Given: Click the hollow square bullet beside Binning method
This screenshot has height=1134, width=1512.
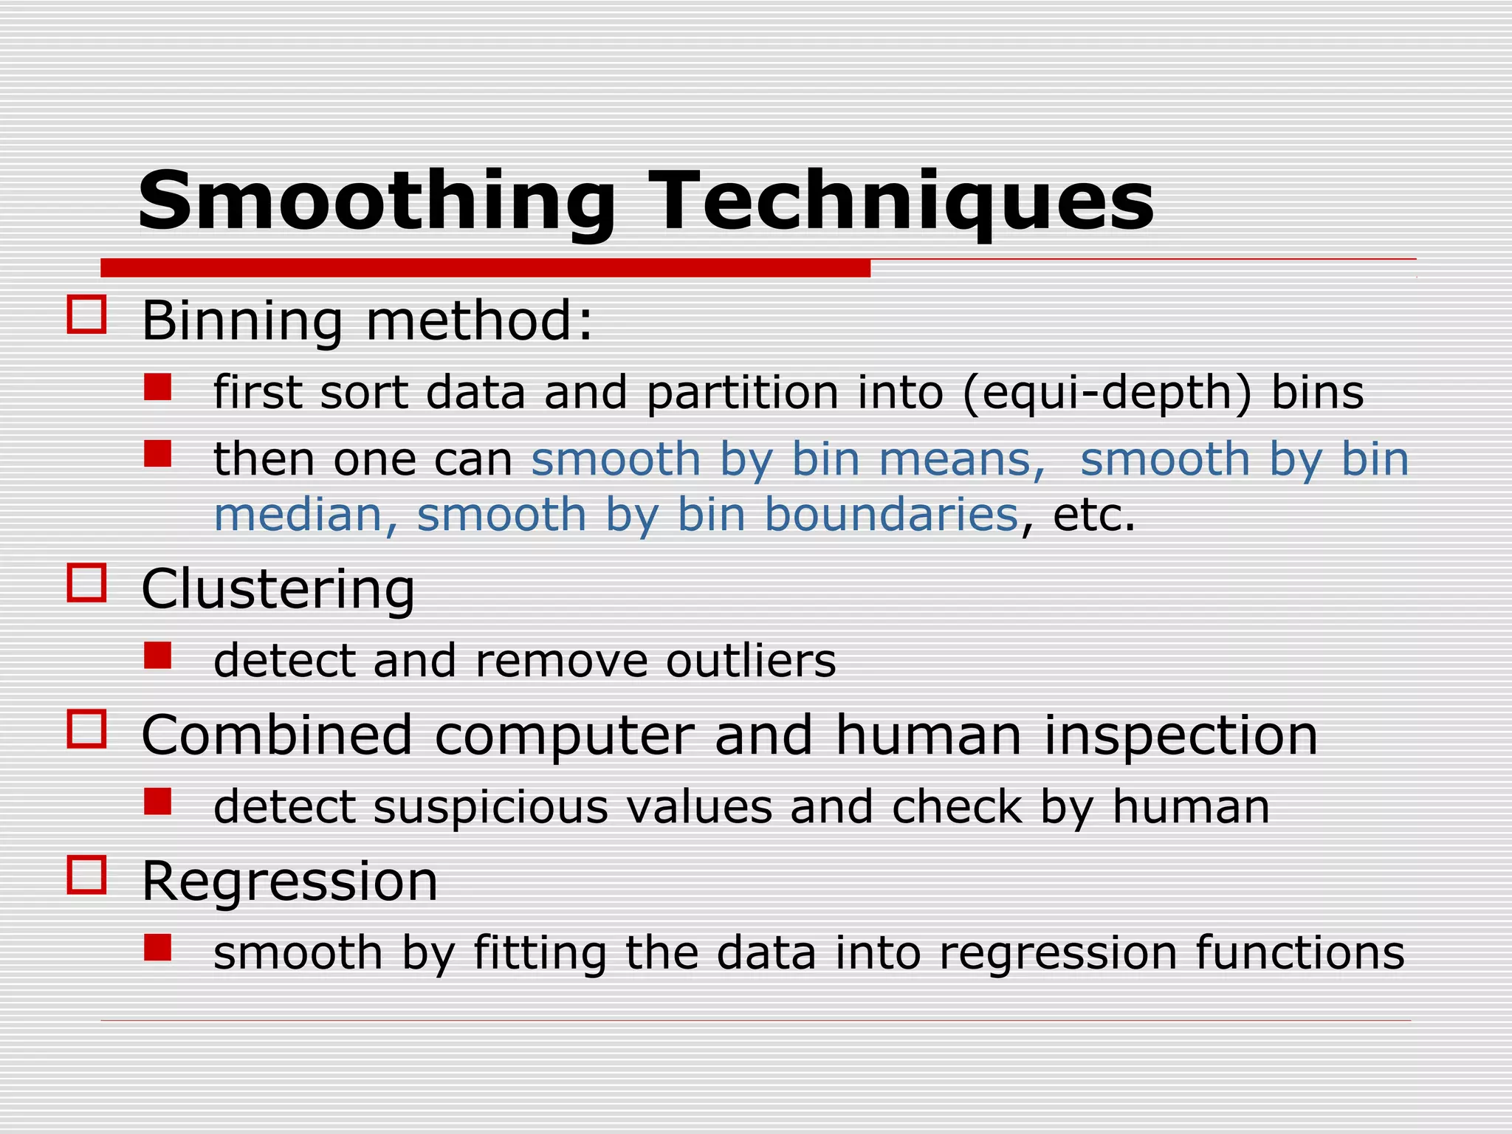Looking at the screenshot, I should (x=86, y=315).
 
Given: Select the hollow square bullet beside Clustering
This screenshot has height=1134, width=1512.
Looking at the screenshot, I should (x=86, y=583).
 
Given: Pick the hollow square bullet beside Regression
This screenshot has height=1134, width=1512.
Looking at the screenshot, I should (x=86, y=875).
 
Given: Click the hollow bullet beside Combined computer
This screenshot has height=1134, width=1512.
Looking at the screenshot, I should (x=86, y=729).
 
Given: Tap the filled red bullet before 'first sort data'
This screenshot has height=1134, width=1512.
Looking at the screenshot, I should (x=157, y=387).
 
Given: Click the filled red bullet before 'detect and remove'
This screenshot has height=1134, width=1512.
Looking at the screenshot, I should (x=157, y=655).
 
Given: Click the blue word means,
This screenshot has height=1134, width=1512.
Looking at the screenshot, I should (x=962, y=459).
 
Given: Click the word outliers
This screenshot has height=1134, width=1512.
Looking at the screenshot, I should (x=751, y=661).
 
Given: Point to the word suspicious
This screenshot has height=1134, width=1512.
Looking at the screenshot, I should (x=491, y=807).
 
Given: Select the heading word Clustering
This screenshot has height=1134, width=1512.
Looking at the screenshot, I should (x=278, y=590).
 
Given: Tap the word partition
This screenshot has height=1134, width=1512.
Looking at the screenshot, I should (x=743, y=393).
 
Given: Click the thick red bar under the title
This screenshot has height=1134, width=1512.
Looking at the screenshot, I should (x=485, y=268).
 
